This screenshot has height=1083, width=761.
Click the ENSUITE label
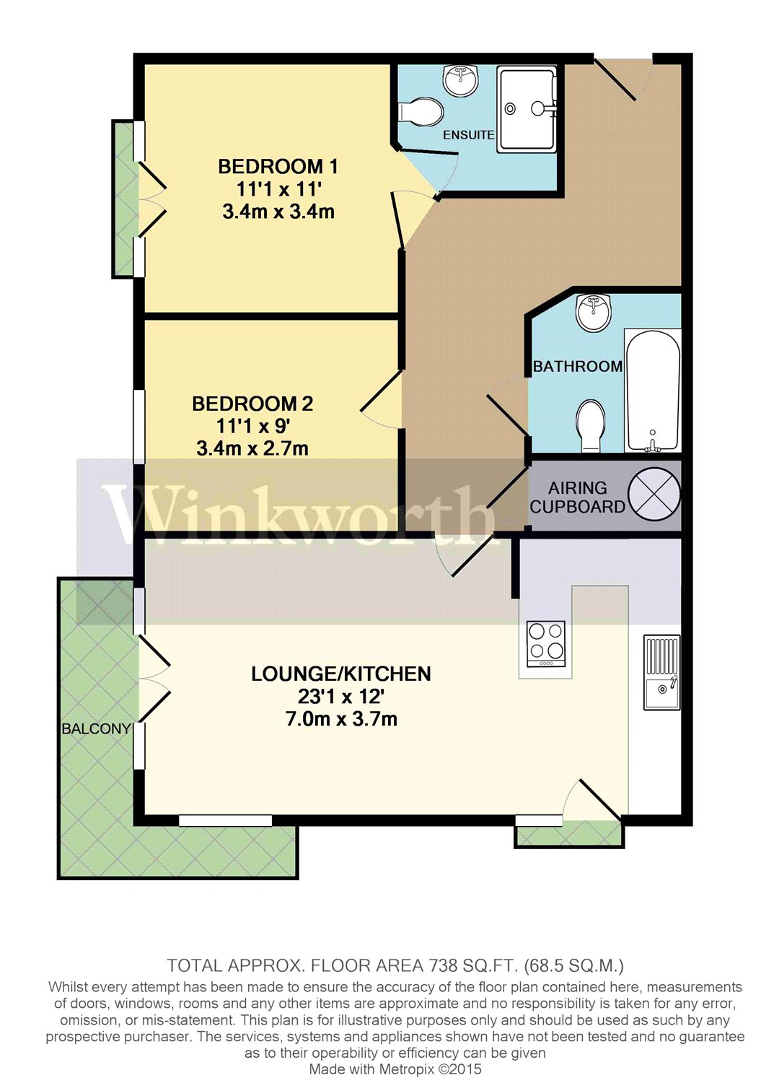pyautogui.click(x=468, y=135)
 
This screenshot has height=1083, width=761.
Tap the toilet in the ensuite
pyautogui.click(x=421, y=113)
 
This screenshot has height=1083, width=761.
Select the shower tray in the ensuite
pyautogui.click(x=527, y=109)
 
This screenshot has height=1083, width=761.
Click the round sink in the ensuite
pyautogui.click(x=460, y=80)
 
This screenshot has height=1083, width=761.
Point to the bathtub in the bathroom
pyautogui.click(x=652, y=391)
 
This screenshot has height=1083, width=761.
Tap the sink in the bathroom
pyautogui.click(x=594, y=313)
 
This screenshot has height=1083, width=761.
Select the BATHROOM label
pyautogui.click(x=577, y=367)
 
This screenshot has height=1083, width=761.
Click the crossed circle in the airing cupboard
pyautogui.click(x=654, y=495)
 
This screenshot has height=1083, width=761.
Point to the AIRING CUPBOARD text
pyautogui.click(x=577, y=497)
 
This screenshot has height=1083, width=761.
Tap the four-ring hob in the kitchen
pyautogui.click(x=546, y=644)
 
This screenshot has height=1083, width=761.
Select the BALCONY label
pyautogui.click(x=96, y=728)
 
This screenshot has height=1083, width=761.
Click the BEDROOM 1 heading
pyautogui.click(x=278, y=167)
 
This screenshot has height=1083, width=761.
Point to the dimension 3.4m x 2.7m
pyautogui.click(x=252, y=448)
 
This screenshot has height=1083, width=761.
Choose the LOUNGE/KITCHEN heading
pyautogui.click(x=341, y=674)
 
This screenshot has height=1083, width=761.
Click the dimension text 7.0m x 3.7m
pyautogui.click(x=341, y=719)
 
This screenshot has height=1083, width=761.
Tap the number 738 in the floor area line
pyautogui.click(x=444, y=965)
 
